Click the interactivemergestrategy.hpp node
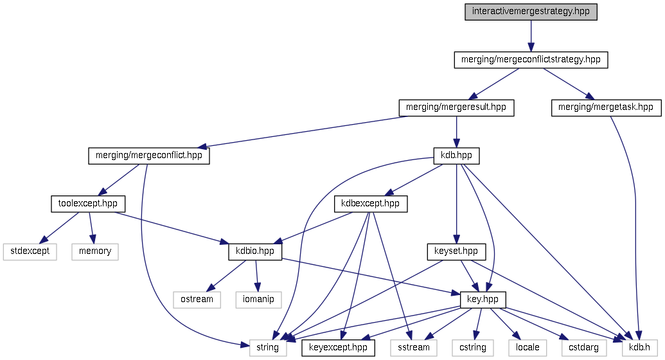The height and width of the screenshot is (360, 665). (x=531, y=12)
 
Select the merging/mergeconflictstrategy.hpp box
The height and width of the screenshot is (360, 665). (x=531, y=60)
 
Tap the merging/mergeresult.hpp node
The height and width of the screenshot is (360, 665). (x=456, y=107)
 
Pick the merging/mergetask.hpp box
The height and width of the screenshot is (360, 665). (x=606, y=107)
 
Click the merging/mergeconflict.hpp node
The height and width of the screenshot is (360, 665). (x=149, y=156)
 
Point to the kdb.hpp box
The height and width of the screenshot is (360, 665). (x=456, y=156)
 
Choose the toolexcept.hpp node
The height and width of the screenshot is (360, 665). (x=87, y=204)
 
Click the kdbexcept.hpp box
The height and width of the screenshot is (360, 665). (x=371, y=204)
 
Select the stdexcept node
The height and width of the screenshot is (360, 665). (x=30, y=251)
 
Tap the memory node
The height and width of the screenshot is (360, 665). (x=95, y=251)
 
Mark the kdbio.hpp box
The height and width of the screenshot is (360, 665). (x=255, y=251)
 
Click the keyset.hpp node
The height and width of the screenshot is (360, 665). (x=456, y=251)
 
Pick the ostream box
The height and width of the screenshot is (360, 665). (x=197, y=300)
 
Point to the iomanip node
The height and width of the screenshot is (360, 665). (x=258, y=300)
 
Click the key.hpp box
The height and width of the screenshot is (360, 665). (x=483, y=300)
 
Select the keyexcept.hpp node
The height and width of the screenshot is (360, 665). (x=338, y=348)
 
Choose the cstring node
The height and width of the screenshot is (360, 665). (x=472, y=348)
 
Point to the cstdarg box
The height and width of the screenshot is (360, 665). (x=583, y=348)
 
